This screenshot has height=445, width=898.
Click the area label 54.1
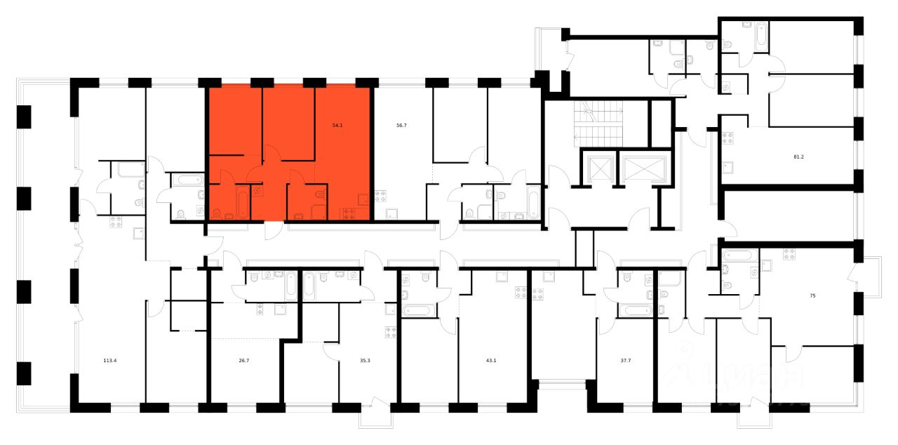click(337, 126)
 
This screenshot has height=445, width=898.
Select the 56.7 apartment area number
click(401, 126)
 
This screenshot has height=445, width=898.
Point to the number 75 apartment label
click(812, 296)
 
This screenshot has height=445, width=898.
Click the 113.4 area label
click(109, 362)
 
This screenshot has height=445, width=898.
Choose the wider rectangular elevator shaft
click(641, 168)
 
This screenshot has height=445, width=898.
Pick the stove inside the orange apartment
click(349, 213)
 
